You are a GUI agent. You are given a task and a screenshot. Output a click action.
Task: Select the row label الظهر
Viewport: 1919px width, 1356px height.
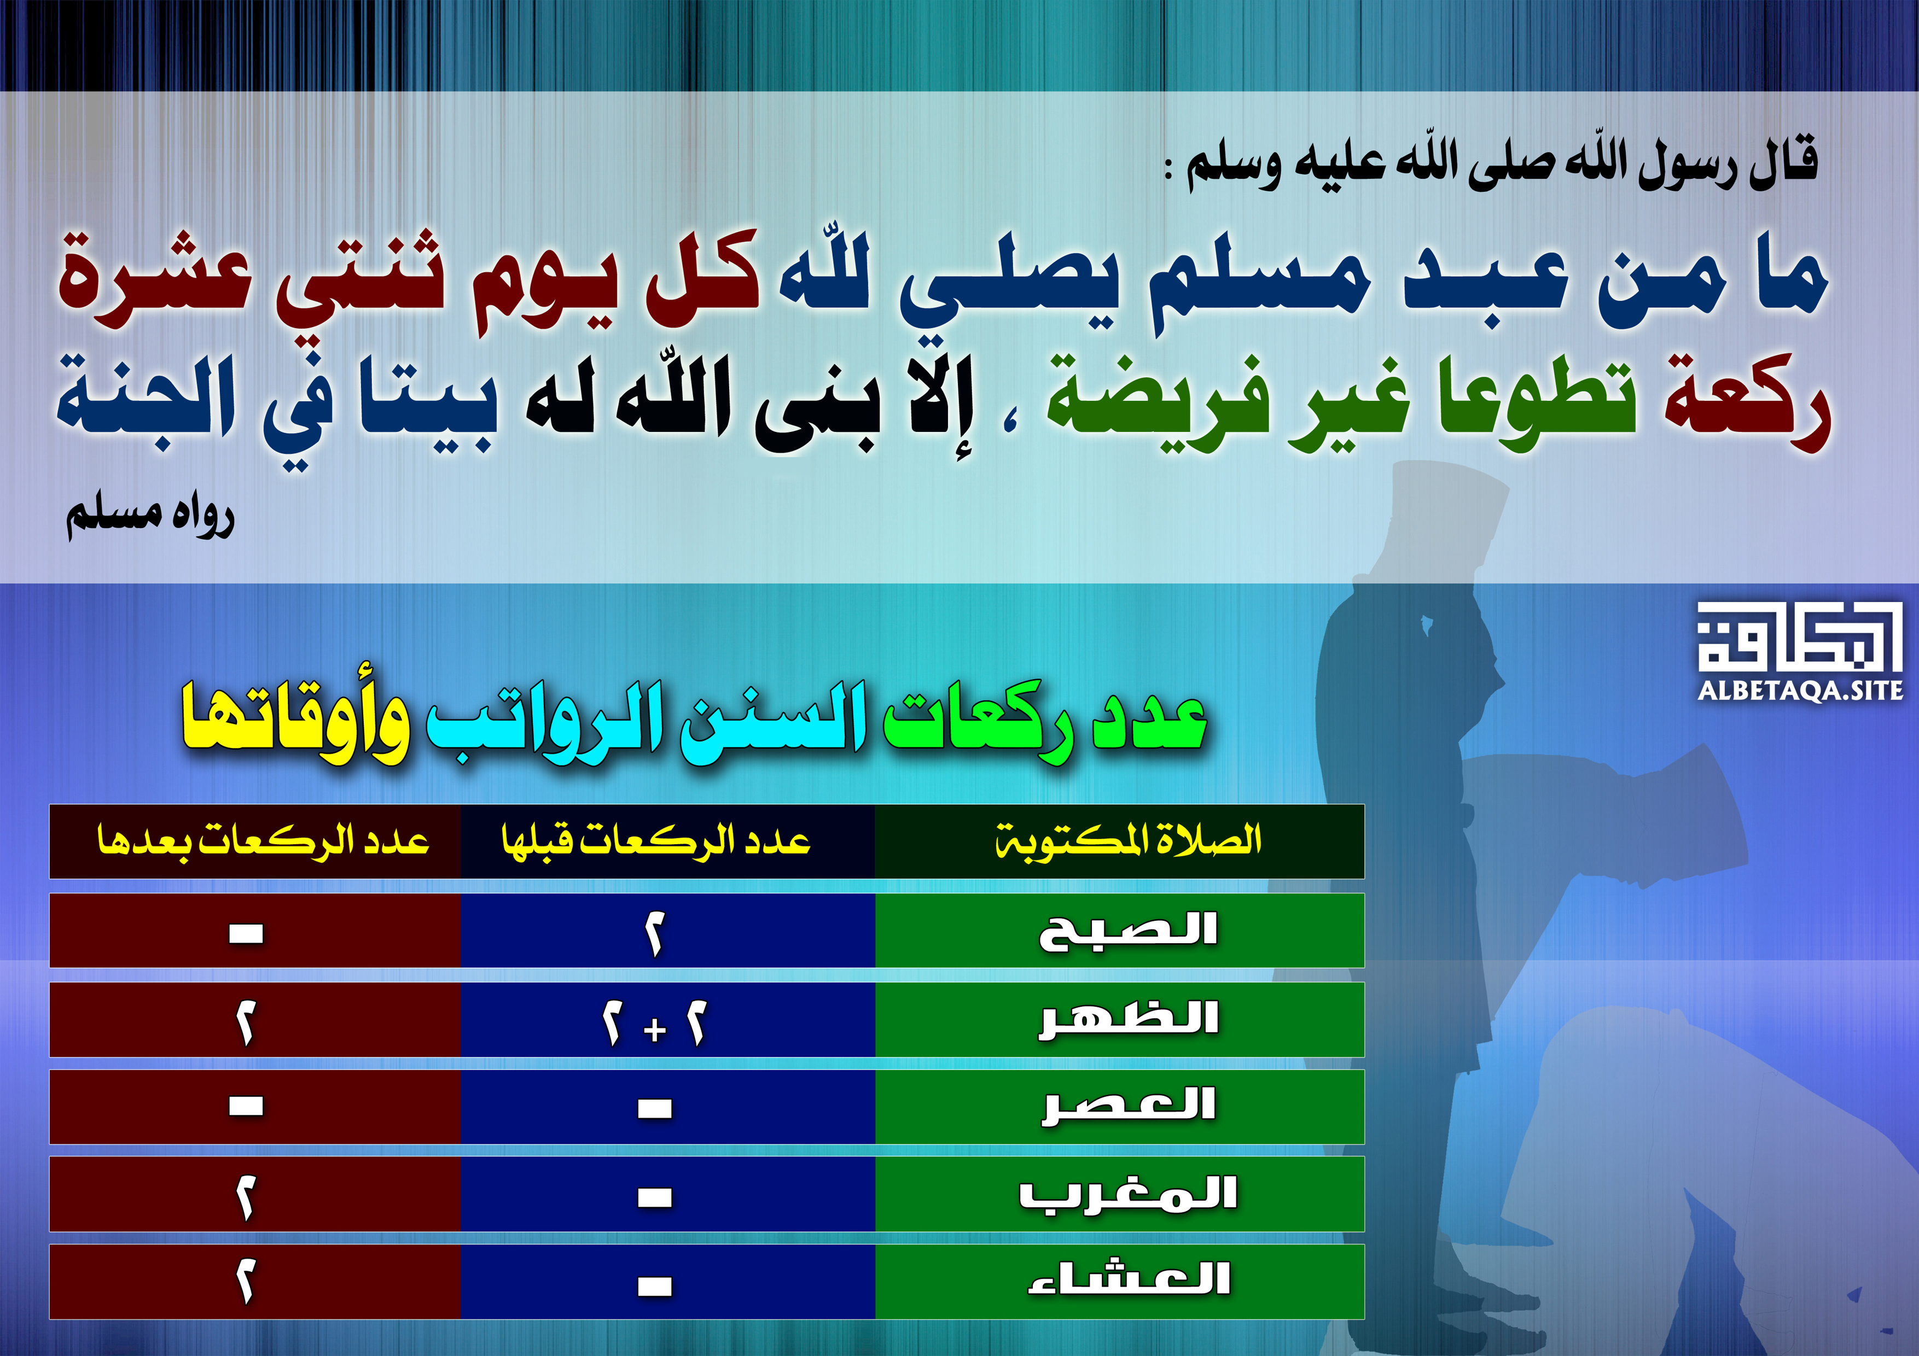coord(1129,1019)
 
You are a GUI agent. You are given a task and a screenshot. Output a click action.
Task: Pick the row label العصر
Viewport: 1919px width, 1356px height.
coord(1129,1106)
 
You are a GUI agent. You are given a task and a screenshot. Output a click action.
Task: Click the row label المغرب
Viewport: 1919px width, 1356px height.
coord(1129,1194)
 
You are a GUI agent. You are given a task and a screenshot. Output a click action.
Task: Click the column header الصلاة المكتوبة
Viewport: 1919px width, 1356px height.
coord(1129,840)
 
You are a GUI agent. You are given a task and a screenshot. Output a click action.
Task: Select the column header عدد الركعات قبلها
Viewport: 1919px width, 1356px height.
coord(656,840)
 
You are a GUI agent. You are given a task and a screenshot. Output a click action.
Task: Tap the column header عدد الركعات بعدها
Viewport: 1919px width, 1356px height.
coord(263,840)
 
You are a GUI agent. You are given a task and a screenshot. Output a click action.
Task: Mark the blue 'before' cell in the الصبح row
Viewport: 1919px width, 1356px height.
coord(668,931)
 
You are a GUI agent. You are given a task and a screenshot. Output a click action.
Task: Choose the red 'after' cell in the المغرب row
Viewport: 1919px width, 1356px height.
coord(255,1194)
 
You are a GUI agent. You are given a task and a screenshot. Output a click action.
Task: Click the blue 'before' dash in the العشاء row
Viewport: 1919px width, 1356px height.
coord(654,1287)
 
